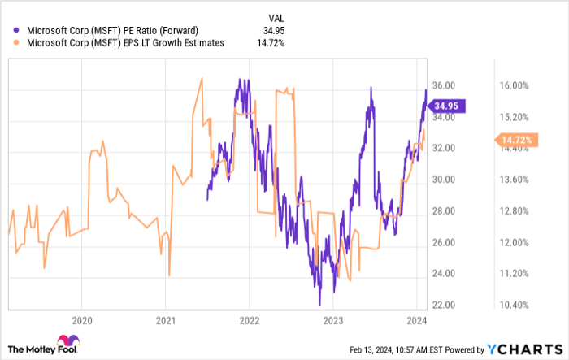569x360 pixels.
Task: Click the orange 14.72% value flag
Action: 514,140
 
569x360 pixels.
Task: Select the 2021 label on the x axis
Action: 166,319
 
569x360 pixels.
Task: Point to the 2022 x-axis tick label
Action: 249,319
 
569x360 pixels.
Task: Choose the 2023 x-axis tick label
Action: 332,319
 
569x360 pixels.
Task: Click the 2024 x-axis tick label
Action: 416,319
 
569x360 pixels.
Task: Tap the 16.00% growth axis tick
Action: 514,85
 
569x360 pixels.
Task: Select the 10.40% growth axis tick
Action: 514,305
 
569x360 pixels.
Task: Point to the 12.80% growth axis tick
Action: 514,211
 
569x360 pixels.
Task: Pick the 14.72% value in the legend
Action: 273,42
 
